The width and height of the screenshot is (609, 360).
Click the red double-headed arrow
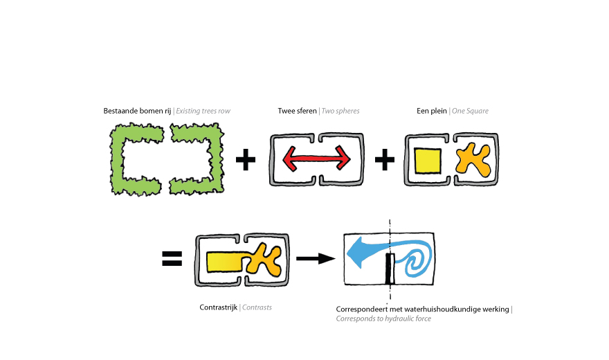click(316, 159)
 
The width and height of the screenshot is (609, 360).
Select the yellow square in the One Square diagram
click(428, 161)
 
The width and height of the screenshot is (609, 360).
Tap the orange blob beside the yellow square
click(473, 160)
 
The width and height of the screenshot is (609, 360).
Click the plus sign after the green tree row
click(246, 160)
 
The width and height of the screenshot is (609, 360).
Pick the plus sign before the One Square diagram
click(385, 160)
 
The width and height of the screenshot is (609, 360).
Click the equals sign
click(172, 259)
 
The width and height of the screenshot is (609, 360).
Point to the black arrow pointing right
click(316, 259)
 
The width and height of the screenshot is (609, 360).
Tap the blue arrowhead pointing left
click(356, 253)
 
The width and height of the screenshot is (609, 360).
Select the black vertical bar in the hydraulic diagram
click(390, 269)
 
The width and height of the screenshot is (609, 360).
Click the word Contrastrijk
click(218, 307)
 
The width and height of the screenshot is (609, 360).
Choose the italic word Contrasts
click(257, 307)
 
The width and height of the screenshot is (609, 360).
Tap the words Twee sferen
click(297, 111)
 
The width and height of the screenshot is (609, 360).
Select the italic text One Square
click(470, 111)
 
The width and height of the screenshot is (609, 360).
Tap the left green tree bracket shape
click(136, 159)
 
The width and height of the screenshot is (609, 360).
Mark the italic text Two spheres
click(340, 111)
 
